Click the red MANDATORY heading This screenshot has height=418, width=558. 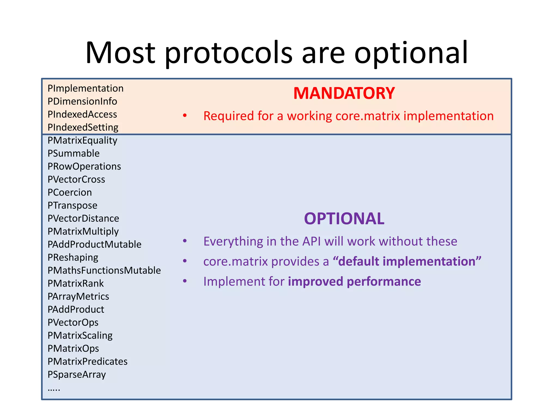344,93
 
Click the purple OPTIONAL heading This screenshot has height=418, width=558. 344,219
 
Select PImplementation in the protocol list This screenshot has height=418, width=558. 85,88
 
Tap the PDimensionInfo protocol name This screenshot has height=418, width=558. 82,102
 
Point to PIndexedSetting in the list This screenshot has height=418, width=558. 83,127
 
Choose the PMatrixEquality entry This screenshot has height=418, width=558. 82,140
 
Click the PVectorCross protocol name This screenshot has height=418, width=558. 76,180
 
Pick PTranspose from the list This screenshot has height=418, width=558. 72,205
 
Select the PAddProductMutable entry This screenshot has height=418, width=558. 94,244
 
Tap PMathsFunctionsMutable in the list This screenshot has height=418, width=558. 104,271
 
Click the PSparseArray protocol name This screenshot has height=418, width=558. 77,375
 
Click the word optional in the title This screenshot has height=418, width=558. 411,53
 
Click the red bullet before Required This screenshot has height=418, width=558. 185,116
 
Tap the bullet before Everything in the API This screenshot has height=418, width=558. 185,241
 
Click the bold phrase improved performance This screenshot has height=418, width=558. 354,281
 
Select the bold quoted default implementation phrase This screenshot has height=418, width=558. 407,261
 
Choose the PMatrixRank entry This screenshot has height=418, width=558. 75,284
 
